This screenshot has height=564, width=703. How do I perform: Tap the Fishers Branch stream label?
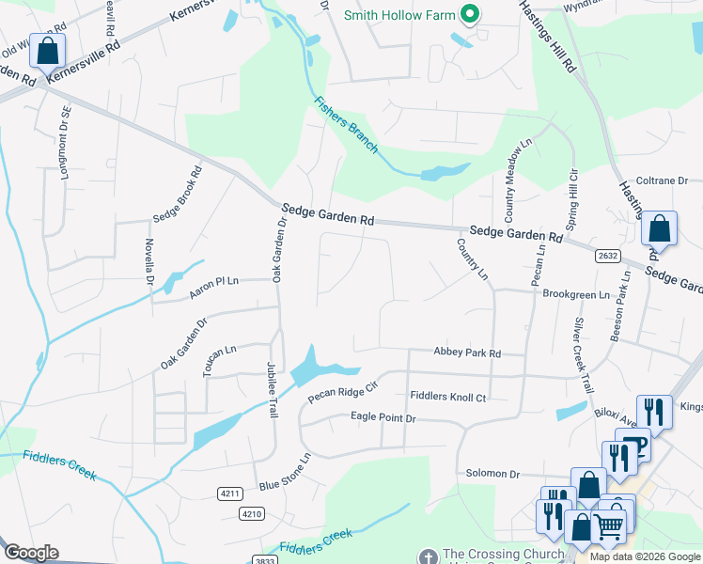point(346,124)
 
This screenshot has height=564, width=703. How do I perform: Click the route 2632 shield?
point(606,255)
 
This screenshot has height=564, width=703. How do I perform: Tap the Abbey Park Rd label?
point(466,352)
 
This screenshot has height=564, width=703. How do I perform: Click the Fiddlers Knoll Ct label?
point(447,398)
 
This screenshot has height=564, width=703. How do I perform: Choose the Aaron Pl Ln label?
point(214,288)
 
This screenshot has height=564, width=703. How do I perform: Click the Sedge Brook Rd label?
point(178,195)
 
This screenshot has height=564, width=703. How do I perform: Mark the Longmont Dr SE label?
point(65,144)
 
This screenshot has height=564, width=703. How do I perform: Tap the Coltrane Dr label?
point(664,180)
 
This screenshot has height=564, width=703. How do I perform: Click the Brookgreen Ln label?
point(576,294)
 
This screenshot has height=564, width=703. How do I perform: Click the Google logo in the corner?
point(31,553)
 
